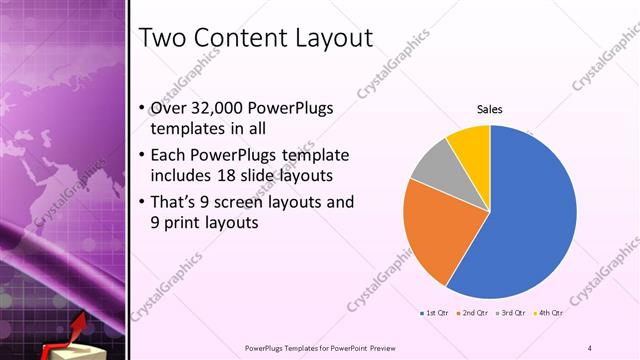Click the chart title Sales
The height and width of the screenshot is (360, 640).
pyautogui.click(x=489, y=109)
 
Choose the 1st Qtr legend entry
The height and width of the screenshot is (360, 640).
pyautogui.click(x=434, y=313)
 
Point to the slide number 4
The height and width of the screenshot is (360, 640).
pyautogui.click(x=590, y=347)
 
